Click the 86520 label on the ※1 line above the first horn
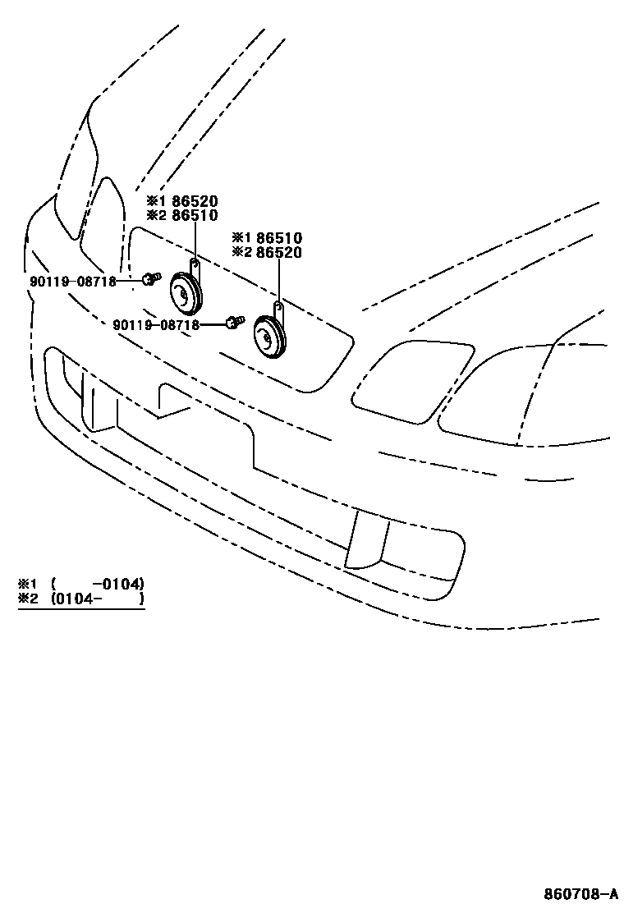(195, 201)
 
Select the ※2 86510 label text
(183, 215)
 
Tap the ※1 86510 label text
(267, 238)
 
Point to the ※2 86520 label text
(267, 252)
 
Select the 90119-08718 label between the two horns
(156, 324)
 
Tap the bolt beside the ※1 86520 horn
(148, 279)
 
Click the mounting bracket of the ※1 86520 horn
(195, 267)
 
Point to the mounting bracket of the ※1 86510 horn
(279, 311)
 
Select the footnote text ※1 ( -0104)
(81, 584)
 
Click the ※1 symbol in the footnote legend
(29, 584)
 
